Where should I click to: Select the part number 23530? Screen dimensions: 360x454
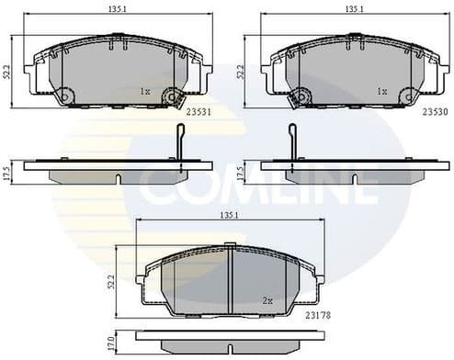[x=434, y=114]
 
